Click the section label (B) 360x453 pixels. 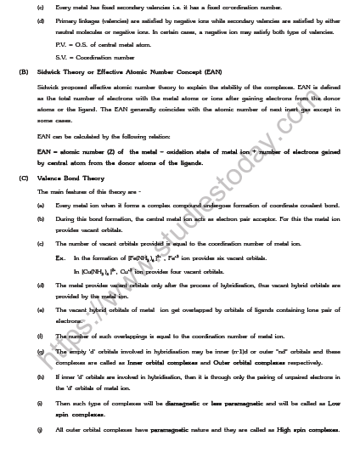(24, 71)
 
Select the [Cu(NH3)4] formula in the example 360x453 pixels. (98, 271)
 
